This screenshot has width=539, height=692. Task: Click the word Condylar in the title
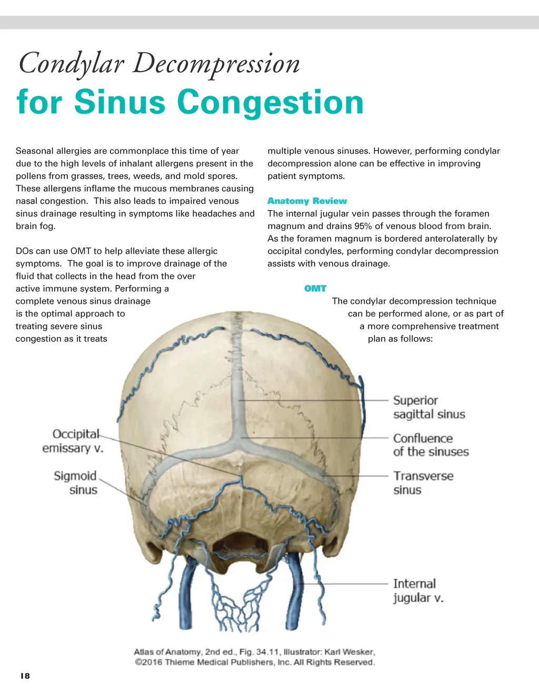pyautogui.click(x=71, y=64)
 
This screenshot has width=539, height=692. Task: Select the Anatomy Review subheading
pyautogui.click(x=307, y=201)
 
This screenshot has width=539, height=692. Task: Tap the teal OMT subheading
pyautogui.click(x=315, y=289)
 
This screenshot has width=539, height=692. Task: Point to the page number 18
pyautogui.click(x=25, y=676)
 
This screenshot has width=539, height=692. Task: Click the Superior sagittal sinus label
pyautogui.click(x=429, y=407)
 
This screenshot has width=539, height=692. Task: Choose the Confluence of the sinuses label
pyautogui.click(x=431, y=445)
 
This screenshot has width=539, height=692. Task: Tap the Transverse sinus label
pyautogui.click(x=423, y=482)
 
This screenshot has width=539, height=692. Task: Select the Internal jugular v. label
pyautogui.click(x=418, y=590)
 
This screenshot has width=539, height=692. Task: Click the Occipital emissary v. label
pyautogui.click(x=73, y=441)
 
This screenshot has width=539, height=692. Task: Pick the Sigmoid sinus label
pyautogui.click(x=76, y=482)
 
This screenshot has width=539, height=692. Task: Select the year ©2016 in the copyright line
pyautogui.click(x=148, y=663)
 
